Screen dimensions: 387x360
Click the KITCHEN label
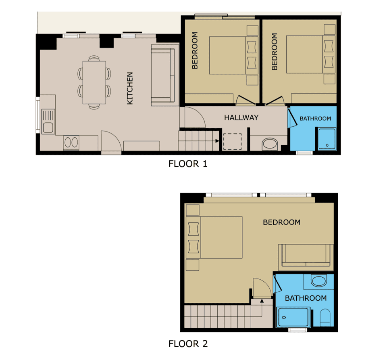tap(130, 88)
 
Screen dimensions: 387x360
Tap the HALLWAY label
tap(241, 117)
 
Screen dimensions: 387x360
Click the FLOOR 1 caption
tap(188, 164)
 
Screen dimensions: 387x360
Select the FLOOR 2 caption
tap(188, 344)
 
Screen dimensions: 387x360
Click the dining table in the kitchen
tap(94, 82)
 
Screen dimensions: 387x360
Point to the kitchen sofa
tap(163, 75)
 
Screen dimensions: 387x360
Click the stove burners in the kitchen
tap(71, 142)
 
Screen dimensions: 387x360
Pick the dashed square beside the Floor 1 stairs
tap(232, 141)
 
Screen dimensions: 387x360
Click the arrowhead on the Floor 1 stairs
tap(217, 141)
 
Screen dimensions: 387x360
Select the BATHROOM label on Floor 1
tap(315, 119)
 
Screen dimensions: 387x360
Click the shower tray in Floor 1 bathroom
tap(327, 139)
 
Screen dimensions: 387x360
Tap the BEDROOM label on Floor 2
tap(282, 222)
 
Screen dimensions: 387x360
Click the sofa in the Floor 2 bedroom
tap(306, 255)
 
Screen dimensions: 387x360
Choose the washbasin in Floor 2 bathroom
tap(318, 280)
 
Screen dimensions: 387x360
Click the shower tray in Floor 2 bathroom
tap(293, 317)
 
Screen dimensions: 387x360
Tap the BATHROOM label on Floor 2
tap(306, 298)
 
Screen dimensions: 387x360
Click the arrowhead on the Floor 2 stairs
tap(262, 301)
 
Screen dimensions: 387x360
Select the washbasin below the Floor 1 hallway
tap(270, 144)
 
